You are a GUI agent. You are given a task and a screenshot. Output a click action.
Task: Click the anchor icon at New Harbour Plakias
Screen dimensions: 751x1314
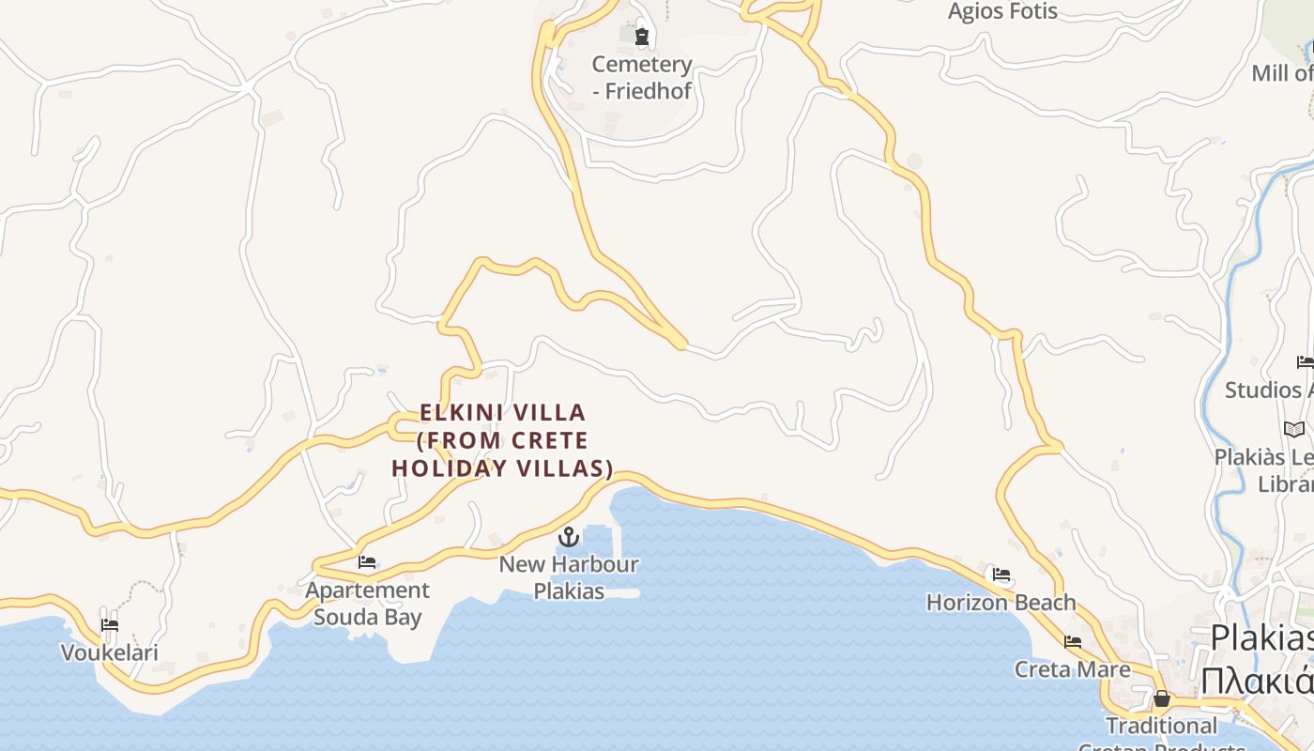pyautogui.click(x=568, y=537)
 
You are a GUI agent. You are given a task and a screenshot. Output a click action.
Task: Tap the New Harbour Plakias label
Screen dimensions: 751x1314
pyautogui.click(x=569, y=577)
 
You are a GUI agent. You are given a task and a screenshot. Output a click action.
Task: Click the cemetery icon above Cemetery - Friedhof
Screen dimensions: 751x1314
pyautogui.click(x=642, y=38)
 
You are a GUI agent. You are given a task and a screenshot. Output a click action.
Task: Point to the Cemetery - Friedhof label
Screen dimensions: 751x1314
pyautogui.click(x=642, y=78)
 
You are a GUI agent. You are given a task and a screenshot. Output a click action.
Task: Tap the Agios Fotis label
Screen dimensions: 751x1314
pyautogui.click(x=1002, y=12)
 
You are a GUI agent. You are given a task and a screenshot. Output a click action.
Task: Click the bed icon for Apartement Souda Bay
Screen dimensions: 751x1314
pyautogui.click(x=367, y=562)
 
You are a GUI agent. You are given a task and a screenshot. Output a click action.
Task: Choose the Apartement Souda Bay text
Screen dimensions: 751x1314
pyautogui.click(x=368, y=604)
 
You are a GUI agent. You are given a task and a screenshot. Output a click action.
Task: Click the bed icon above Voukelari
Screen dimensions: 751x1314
pyautogui.click(x=110, y=625)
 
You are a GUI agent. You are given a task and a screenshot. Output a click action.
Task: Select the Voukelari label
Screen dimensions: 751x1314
pyautogui.click(x=110, y=652)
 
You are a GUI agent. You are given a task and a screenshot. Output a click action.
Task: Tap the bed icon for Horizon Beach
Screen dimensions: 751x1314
pyautogui.click(x=1001, y=575)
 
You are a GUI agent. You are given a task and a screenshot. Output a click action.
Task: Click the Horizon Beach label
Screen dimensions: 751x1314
pyautogui.click(x=1001, y=602)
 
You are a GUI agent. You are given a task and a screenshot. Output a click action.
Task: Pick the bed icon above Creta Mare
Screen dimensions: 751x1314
pyautogui.click(x=1073, y=642)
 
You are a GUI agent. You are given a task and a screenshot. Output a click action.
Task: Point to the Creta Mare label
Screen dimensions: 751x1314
pyautogui.click(x=1073, y=669)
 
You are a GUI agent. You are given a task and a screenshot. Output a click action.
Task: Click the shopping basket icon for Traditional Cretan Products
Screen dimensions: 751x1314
pyautogui.click(x=1162, y=698)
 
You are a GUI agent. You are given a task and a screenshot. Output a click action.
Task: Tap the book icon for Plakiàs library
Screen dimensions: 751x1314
pyautogui.click(x=1294, y=430)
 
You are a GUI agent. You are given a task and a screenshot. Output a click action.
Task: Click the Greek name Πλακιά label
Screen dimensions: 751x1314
pyautogui.click(x=1258, y=679)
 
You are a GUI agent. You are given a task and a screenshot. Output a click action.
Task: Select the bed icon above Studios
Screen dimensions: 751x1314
pyautogui.click(x=1305, y=362)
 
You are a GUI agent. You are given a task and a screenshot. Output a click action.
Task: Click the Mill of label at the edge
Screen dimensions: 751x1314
pyautogui.click(x=1282, y=73)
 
